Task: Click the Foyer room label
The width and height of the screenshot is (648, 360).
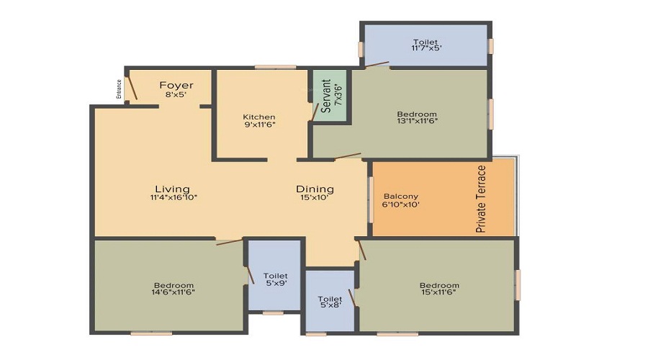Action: [176, 85]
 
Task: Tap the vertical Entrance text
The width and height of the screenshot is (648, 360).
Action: [119, 89]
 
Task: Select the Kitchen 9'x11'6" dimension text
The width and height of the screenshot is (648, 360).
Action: [259, 124]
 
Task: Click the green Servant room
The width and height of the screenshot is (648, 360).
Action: [329, 96]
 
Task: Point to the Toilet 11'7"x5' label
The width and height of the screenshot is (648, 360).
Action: [427, 45]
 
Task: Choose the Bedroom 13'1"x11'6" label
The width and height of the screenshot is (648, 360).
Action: [417, 117]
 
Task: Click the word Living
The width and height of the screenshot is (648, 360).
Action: [172, 189]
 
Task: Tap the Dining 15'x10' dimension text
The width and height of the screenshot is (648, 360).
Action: [315, 197]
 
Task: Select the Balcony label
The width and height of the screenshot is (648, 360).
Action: [401, 197]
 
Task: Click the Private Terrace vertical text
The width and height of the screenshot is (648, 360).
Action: [481, 199]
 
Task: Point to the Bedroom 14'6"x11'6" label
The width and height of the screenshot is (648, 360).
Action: [174, 289]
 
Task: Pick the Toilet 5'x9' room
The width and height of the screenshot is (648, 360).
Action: [274, 275]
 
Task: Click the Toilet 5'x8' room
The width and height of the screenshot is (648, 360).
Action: [330, 300]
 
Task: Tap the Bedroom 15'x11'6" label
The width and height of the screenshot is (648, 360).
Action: [439, 289]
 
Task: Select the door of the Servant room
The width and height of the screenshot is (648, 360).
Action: [315, 112]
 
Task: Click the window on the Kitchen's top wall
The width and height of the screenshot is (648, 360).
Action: [275, 67]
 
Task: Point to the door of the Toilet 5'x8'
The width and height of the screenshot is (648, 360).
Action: [351, 298]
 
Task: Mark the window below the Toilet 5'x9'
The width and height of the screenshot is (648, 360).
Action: [273, 313]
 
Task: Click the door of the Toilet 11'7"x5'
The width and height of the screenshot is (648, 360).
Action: [377, 64]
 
